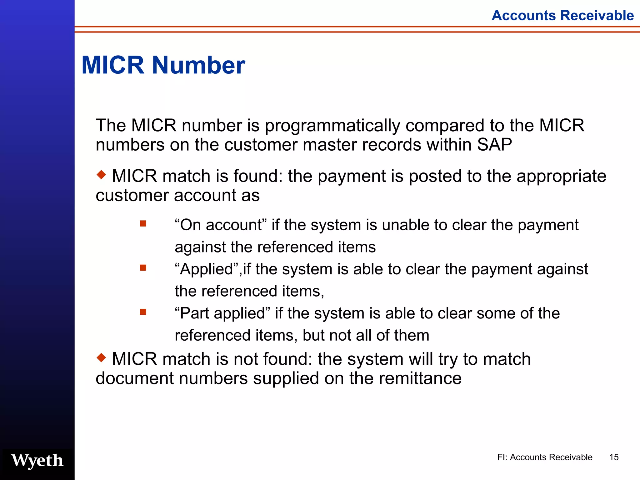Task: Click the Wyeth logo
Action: (37, 461)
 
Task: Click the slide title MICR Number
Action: (163, 65)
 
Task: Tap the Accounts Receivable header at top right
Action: (562, 15)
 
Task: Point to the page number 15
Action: (614, 457)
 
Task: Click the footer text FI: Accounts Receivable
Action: (545, 457)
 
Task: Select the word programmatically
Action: (332, 126)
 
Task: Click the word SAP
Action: (494, 145)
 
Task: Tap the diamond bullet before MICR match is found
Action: (101, 174)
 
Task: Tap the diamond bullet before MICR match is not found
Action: (101, 357)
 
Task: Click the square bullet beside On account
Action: (143, 223)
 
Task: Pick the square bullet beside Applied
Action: (143, 267)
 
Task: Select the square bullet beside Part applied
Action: (143, 312)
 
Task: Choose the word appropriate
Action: (561, 176)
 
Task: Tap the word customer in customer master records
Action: (260, 145)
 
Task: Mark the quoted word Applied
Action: (207, 269)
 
